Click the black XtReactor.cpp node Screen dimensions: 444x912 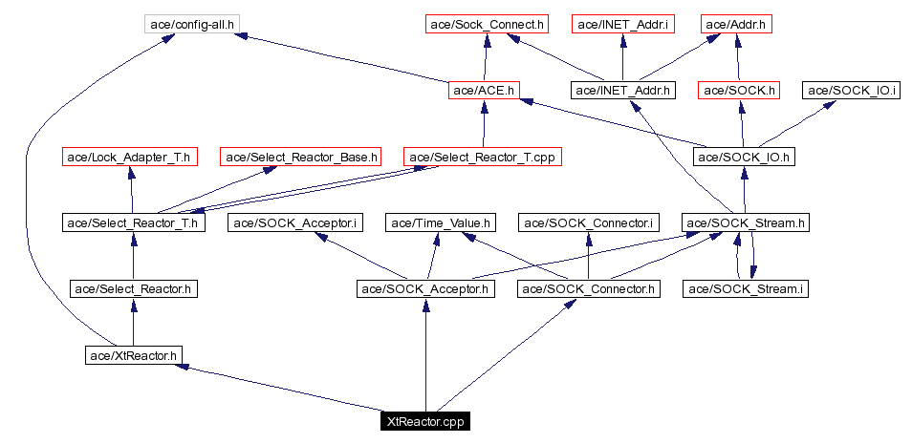pyautogui.click(x=424, y=421)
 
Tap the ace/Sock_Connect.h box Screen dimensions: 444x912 pyautogui.click(x=485, y=22)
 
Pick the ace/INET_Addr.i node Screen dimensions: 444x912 pyautogui.click(x=622, y=22)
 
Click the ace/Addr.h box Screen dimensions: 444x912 pyautogui.click(x=735, y=22)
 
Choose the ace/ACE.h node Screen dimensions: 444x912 pyautogui.click(x=484, y=91)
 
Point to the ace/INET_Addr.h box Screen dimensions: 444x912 pyautogui.click(x=622, y=91)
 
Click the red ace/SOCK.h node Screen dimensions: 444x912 pyautogui.click(x=740, y=91)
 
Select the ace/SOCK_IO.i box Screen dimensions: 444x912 pyautogui.click(x=851, y=91)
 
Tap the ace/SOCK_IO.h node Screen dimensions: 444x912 pyautogui.click(x=744, y=157)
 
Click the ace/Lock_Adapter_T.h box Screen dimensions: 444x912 pyautogui.click(x=129, y=157)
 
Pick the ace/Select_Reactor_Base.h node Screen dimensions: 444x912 pyautogui.click(x=301, y=157)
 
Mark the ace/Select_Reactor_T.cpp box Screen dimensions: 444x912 pyautogui.click(x=482, y=157)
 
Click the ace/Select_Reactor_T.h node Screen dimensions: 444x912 pyautogui.click(x=132, y=223)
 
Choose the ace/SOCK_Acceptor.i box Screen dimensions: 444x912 pyautogui.click(x=296, y=223)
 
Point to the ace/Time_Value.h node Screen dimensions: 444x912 pyautogui.click(x=441, y=223)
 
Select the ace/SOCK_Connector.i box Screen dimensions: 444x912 pyautogui.click(x=588, y=223)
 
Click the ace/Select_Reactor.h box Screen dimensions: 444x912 pyautogui.click(x=135, y=288)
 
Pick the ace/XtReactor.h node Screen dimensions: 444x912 pyautogui.click(x=132, y=355)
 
